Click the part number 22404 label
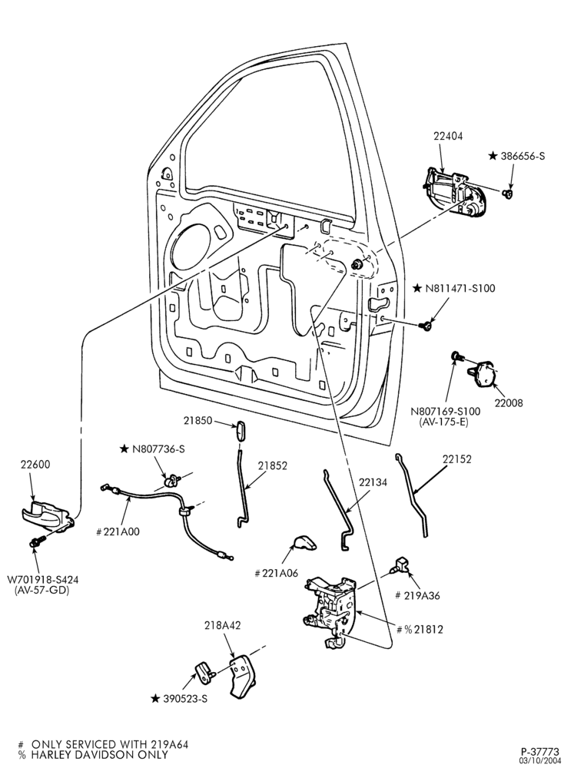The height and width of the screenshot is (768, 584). pyautogui.click(x=448, y=136)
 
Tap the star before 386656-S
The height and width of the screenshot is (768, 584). pyautogui.click(x=493, y=156)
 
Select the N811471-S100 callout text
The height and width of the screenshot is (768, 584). pyautogui.click(x=460, y=289)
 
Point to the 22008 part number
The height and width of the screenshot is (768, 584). pyautogui.click(x=509, y=403)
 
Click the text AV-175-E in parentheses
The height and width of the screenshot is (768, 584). pyautogui.click(x=444, y=422)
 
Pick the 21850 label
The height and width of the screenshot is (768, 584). pyautogui.click(x=198, y=420)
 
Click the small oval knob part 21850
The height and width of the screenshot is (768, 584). pyautogui.click(x=240, y=431)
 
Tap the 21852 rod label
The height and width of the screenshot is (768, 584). pyautogui.click(x=273, y=466)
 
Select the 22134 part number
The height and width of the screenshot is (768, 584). pyautogui.click(x=373, y=482)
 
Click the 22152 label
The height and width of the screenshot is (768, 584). pyautogui.click(x=457, y=459)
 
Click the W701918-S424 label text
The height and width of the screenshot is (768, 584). pyautogui.click(x=42, y=580)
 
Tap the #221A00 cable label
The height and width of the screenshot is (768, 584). pyautogui.click(x=118, y=532)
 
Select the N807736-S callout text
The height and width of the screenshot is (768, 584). pyautogui.click(x=158, y=449)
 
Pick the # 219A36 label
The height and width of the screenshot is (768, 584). pyautogui.click(x=417, y=596)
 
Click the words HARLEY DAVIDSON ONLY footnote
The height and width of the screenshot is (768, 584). pyautogui.click(x=99, y=755)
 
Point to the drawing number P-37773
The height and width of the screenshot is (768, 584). pyautogui.click(x=540, y=751)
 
